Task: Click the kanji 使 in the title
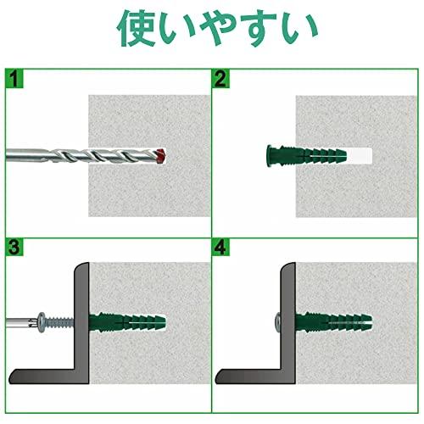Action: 137,28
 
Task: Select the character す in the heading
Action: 260,28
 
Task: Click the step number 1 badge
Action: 14,78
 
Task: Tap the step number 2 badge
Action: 220,78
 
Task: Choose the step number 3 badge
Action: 14,247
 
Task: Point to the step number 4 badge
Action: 220,247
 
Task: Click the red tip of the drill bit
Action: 160,156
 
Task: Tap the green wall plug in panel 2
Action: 307,156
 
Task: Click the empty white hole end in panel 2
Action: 360,156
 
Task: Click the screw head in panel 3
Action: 42,322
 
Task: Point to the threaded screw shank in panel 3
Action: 60,322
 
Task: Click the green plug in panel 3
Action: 127,322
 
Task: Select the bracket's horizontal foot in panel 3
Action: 45,377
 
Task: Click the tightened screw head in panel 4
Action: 277,322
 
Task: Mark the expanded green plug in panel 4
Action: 334,322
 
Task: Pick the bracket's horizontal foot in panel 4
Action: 252,377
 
